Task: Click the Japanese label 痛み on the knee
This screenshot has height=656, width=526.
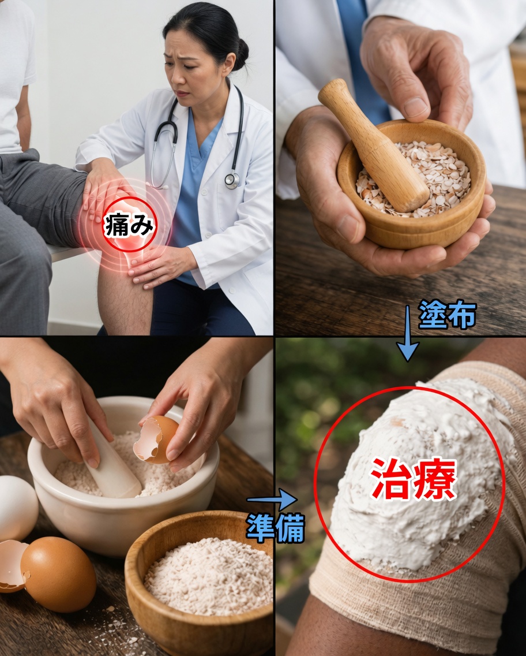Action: (130, 226)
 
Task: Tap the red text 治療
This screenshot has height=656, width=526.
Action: (413, 479)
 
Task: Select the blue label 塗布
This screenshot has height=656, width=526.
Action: (448, 315)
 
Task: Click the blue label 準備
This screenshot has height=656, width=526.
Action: (275, 527)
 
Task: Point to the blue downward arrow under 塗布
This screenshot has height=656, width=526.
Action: (408, 341)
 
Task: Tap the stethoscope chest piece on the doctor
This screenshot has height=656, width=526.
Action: (232, 180)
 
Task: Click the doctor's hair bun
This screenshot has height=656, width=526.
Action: (241, 54)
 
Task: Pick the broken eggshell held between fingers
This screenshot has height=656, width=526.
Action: (156, 439)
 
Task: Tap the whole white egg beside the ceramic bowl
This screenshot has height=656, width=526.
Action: (16, 508)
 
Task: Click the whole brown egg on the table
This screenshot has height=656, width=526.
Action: (58, 574)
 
